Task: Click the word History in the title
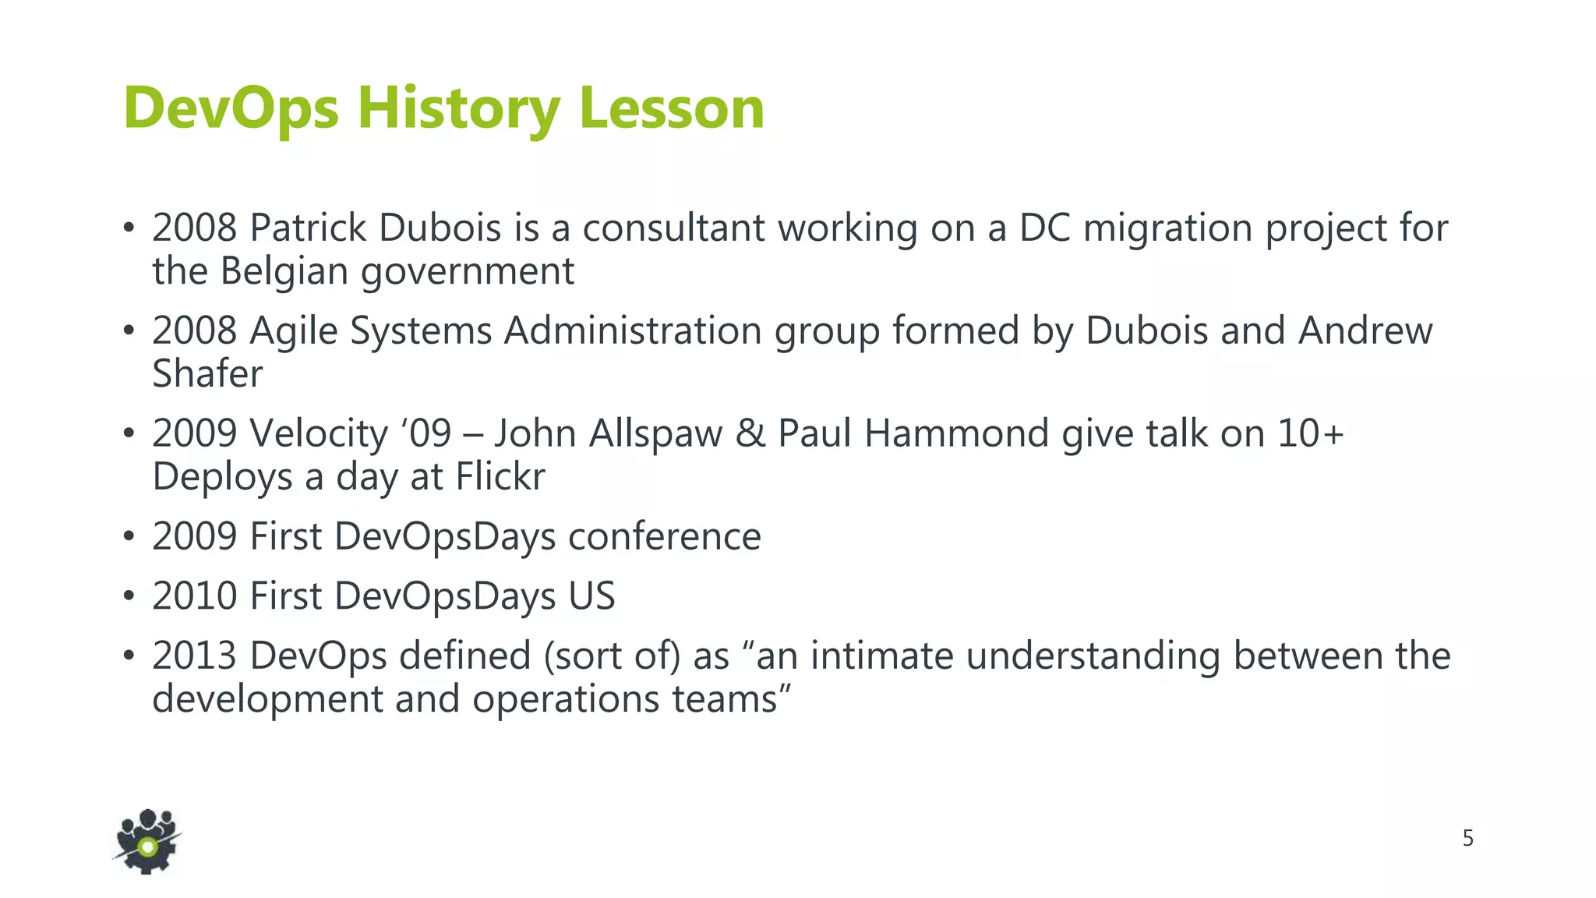(x=458, y=108)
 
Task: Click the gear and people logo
(x=147, y=841)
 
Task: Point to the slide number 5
(x=1467, y=839)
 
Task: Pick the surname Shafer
(x=207, y=373)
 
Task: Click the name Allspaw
(x=655, y=433)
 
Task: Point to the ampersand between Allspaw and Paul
(x=750, y=433)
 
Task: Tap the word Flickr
(x=500, y=476)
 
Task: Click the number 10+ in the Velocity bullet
(x=1311, y=433)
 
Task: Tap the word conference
(x=665, y=536)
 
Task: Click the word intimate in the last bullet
(x=882, y=656)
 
